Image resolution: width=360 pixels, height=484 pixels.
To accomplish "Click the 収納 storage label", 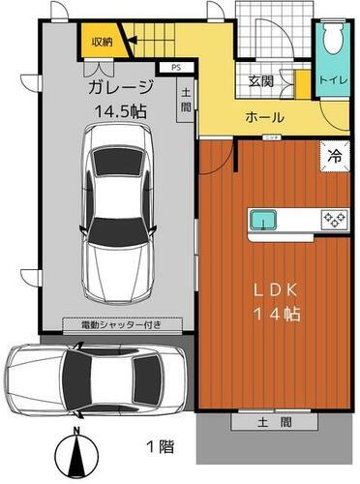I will [x=102, y=42].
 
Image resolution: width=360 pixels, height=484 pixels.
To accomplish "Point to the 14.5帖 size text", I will [x=120, y=111].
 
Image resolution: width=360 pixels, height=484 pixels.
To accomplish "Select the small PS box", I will [x=175, y=68].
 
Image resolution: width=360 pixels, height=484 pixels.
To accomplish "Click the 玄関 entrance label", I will [x=259, y=81].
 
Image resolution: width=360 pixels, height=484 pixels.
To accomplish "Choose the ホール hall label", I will [x=264, y=117].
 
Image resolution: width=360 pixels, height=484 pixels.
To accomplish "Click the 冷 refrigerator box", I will [x=333, y=153].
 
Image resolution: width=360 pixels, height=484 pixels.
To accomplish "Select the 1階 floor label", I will [x=161, y=447].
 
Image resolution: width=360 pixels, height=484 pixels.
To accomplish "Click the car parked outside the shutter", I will [x=94, y=376].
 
